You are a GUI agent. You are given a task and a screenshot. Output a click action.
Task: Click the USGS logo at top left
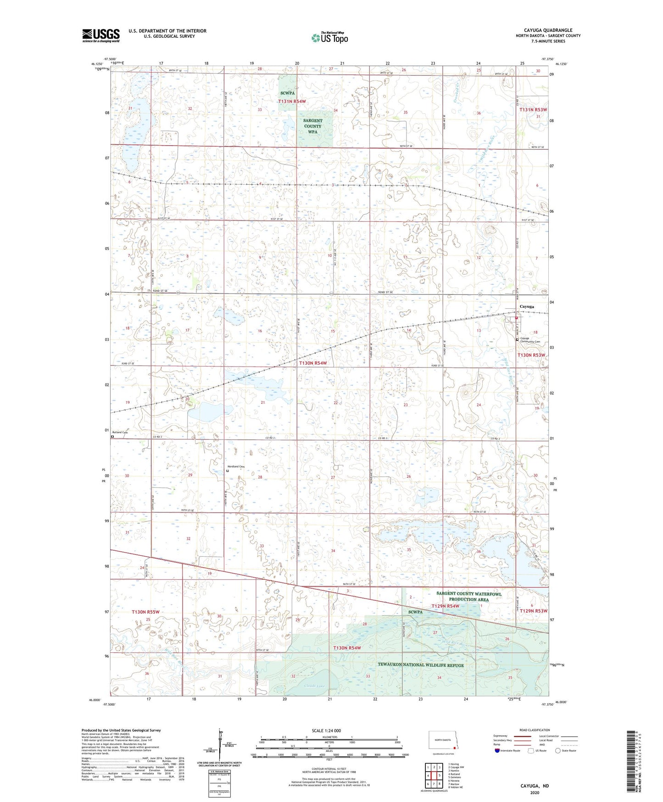[x=101, y=35]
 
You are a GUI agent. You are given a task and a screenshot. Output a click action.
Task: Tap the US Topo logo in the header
[x=329, y=38]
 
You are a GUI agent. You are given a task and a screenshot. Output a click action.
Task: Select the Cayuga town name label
[x=526, y=306]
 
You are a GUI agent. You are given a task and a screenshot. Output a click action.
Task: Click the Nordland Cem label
[x=236, y=467]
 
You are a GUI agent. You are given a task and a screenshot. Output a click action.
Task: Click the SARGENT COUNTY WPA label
[x=312, y=126]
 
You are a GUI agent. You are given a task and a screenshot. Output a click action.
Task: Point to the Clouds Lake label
[x=315, y=686]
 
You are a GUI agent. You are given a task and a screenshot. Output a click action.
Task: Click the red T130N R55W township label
[x=145, y=612]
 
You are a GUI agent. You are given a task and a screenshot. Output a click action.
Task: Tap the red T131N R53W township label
[x=533, y=110]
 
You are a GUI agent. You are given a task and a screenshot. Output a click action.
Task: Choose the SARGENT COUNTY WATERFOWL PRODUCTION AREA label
[x=468, y=596]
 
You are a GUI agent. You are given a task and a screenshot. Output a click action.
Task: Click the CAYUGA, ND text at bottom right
[x=535, y=786]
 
